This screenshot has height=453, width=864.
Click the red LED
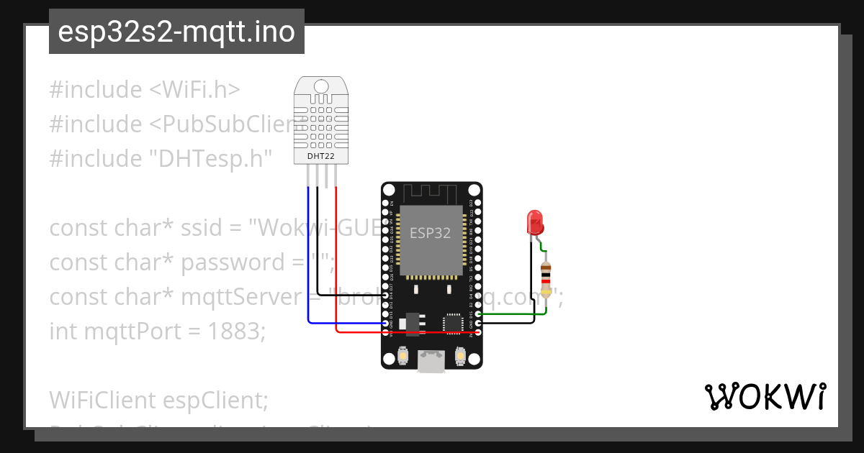[x=534, y=222]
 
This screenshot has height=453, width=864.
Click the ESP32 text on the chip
[x=430, y=233]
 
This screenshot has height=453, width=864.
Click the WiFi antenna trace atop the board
[x=430, y=193]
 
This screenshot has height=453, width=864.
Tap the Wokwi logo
[x=765, y=397]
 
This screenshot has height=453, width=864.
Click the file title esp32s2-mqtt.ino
[x=176, y=32]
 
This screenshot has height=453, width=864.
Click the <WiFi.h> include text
[x=194, y=90]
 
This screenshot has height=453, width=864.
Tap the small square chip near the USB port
[x=454, y=323]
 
